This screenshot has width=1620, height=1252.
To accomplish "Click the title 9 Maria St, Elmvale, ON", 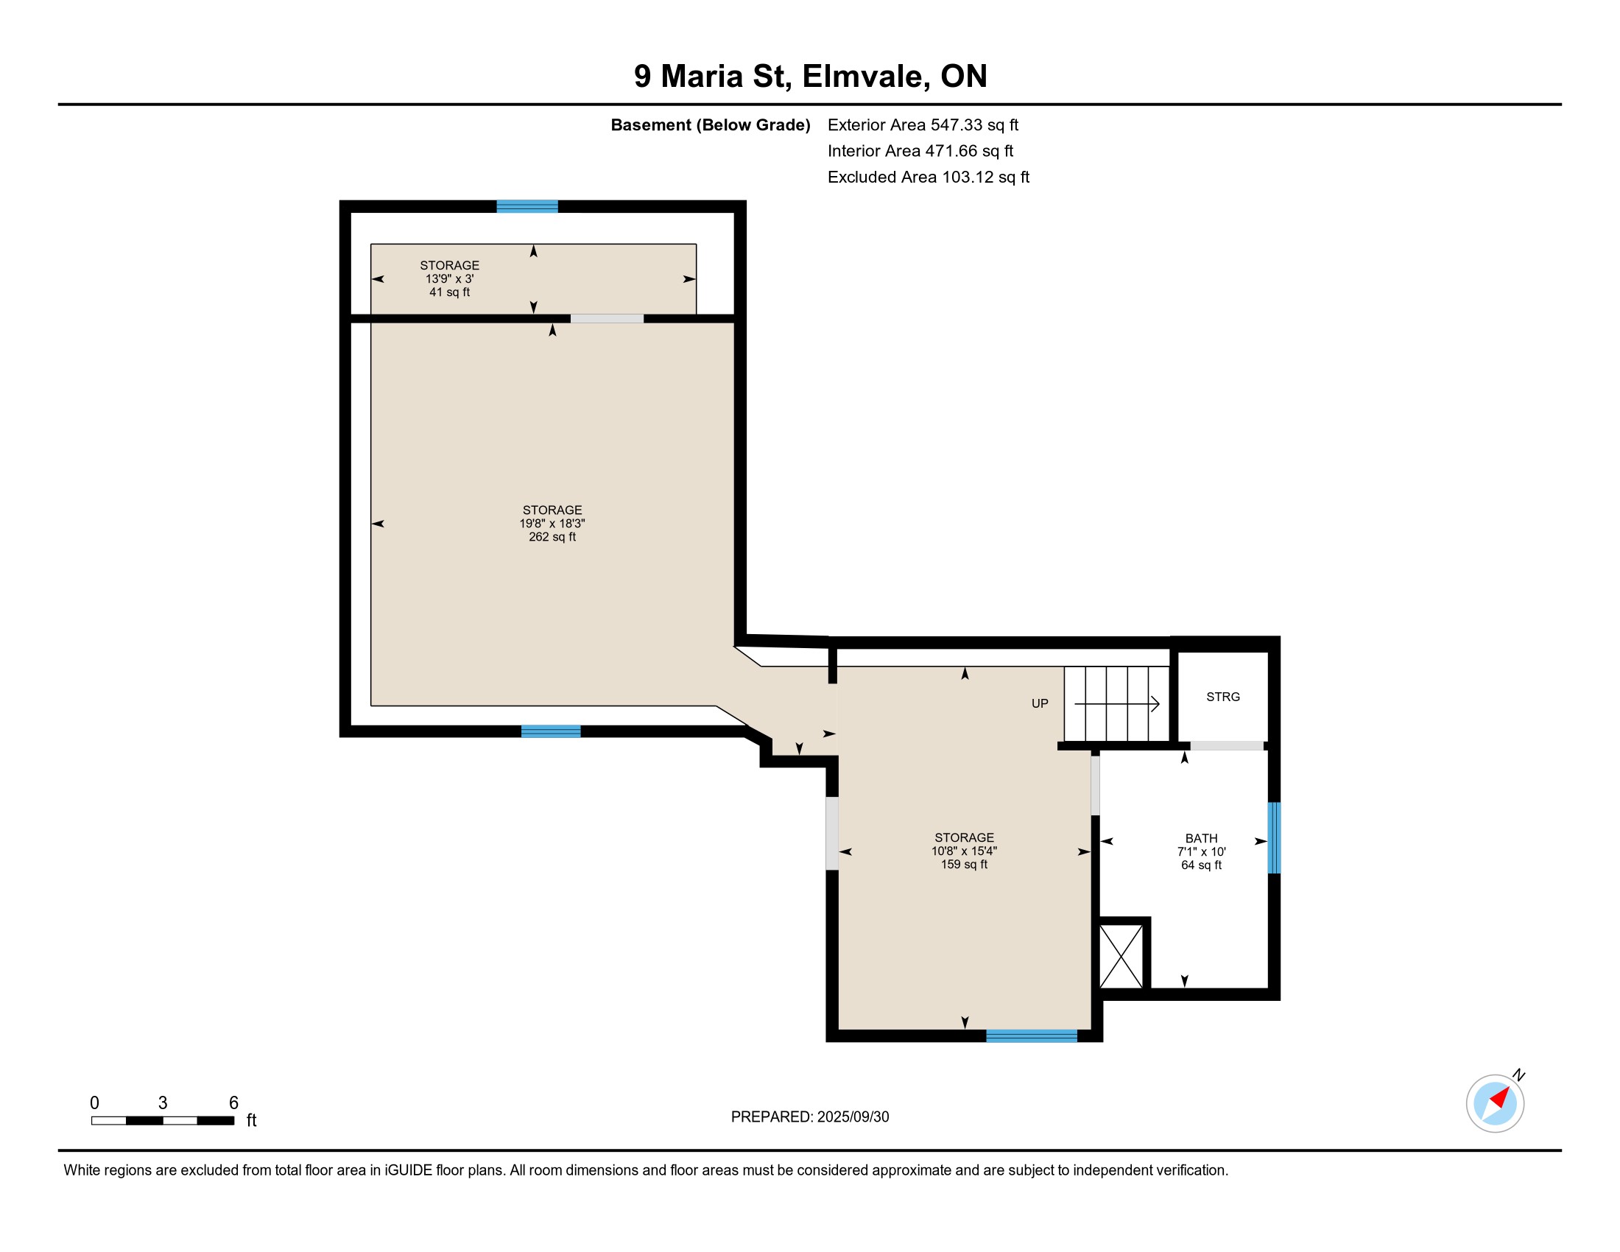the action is [810, 77].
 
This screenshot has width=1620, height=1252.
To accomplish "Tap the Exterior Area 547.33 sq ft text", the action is [923, 125].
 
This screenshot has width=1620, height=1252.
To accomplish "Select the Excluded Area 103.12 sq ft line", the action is [929, 177].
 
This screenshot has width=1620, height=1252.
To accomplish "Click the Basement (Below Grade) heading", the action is [710, 125].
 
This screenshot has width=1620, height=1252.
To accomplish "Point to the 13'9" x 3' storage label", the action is [449, 278].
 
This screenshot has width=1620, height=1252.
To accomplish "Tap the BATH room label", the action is [1201, 838].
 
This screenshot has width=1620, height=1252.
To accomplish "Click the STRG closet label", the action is [1223, 697].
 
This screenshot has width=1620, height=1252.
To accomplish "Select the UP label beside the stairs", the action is [1040, 704].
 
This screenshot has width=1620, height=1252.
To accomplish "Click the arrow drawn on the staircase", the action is [1117, 703].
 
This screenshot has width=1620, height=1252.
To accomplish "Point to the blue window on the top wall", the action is [526, 206].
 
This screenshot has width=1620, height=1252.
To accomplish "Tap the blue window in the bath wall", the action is [1275, 838].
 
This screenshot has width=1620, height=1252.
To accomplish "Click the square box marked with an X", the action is [1121, 957].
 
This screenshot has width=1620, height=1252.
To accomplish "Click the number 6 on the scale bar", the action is [233, 1103].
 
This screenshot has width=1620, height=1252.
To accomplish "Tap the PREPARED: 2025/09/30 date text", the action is [810, 1117].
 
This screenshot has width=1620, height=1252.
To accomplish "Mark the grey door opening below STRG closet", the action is [1227, 745].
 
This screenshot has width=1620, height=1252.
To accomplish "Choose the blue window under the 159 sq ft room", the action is [1031, 1036].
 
